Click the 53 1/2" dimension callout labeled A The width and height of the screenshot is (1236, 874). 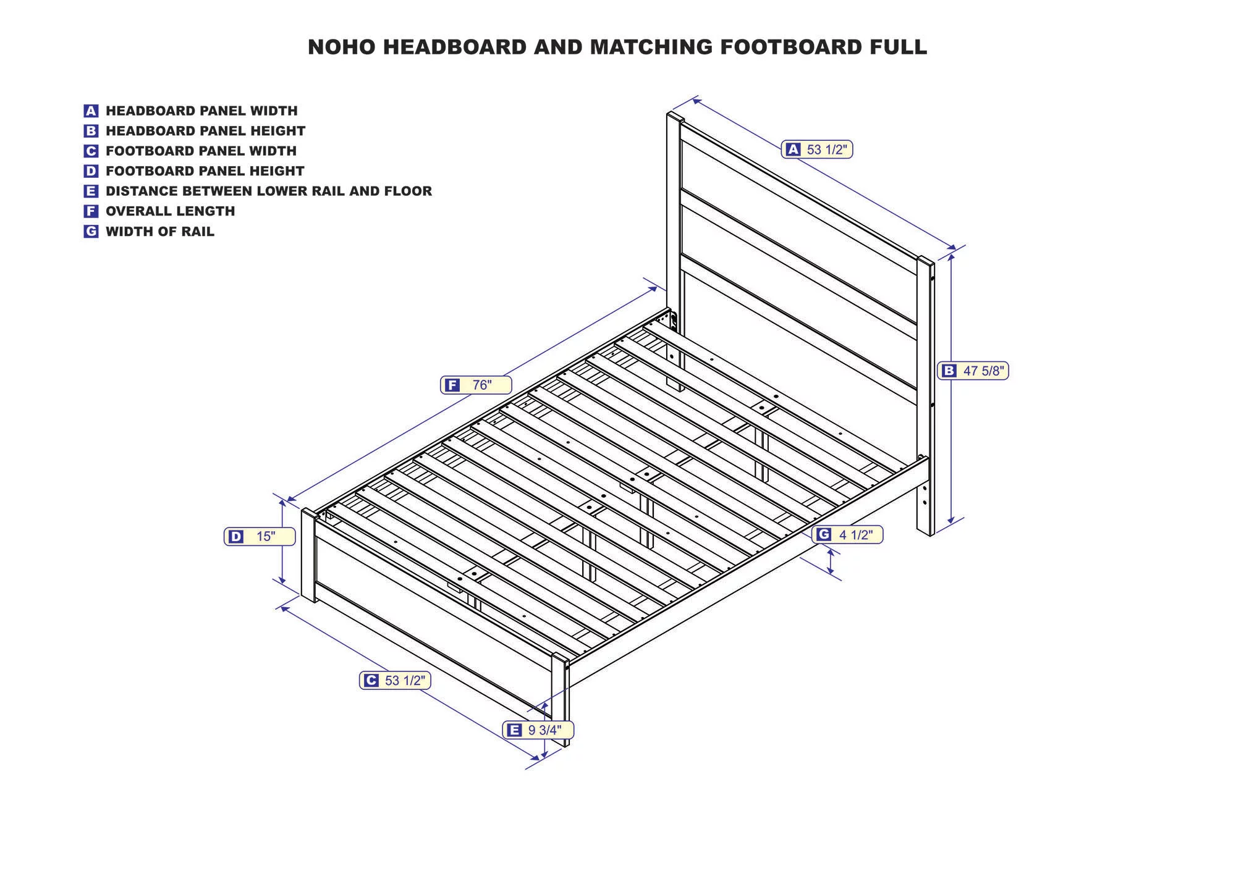pyautogui.click(x=817, y=149)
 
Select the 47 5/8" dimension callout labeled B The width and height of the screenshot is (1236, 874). pyautogui.click(x=973, y=371)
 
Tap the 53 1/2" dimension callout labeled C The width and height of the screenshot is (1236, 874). pyautogui.click(x=396, y=680)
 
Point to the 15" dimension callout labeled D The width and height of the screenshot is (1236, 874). pyautogui.click(x=260, y=536)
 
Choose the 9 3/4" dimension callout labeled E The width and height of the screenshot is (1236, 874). pyautogui.click(x=538, y=730)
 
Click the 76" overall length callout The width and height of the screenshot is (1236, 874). pyautogui.click(x=476, y=385)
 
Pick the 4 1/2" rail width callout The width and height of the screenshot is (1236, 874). pyautogui.click(x=847, y=534)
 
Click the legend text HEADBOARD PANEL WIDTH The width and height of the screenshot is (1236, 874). pyautogui.click(x=201, y=111)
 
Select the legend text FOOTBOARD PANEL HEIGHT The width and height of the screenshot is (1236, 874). pyautogui.click(x=205, y=171)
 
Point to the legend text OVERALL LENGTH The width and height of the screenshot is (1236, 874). pyautogui.click(x=171, y=211)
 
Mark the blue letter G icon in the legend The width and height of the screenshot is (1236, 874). pyautogui.click(x=91, y=232)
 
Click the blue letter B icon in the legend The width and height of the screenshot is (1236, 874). pyautogui.click(x=91, y=131)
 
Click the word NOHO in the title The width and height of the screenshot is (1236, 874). pyautogui.click(x=342, y=47)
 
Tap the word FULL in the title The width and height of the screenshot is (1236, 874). pyautogui.click(x=900, y=47)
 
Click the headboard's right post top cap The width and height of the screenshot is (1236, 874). pyautogui.click(x=925, y=261)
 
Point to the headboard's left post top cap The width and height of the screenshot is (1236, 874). pyautogui.click(x=675, y=117)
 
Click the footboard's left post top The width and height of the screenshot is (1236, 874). pyautogui.click(x=309, y=513)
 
